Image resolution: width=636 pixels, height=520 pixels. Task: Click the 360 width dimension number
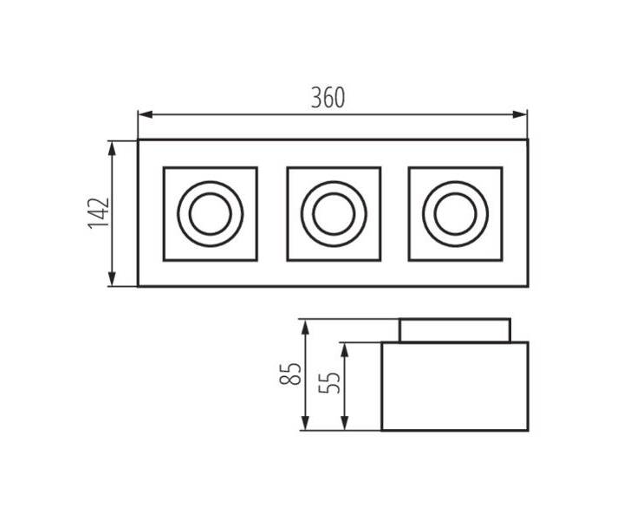(x=328, y=98)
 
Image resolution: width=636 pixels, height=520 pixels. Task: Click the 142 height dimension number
(x=99, y=213)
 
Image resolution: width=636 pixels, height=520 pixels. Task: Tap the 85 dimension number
(x=290, y=374)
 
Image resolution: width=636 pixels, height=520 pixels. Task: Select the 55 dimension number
(x=329, y=382)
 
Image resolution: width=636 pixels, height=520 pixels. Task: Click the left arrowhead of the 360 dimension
(x=146, y=114)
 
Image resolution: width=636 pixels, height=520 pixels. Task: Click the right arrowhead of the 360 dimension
(x=520, y=114)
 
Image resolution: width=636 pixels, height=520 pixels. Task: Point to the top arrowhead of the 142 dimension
(x=113, y=148)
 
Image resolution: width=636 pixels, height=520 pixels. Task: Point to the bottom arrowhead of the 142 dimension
(x=113, y=279)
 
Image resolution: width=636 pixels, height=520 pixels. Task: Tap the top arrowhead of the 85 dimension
(x=305, y=327)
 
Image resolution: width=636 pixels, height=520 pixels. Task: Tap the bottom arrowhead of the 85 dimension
(x=305, y=423)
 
